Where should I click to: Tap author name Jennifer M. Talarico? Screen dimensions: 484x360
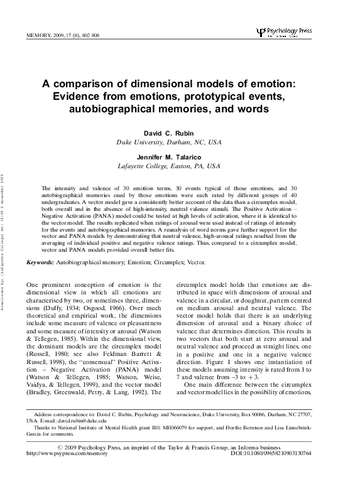[170, 156]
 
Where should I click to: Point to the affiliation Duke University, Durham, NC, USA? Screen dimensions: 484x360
[170, 143]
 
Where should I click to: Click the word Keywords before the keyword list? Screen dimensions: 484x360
[40, 260]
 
